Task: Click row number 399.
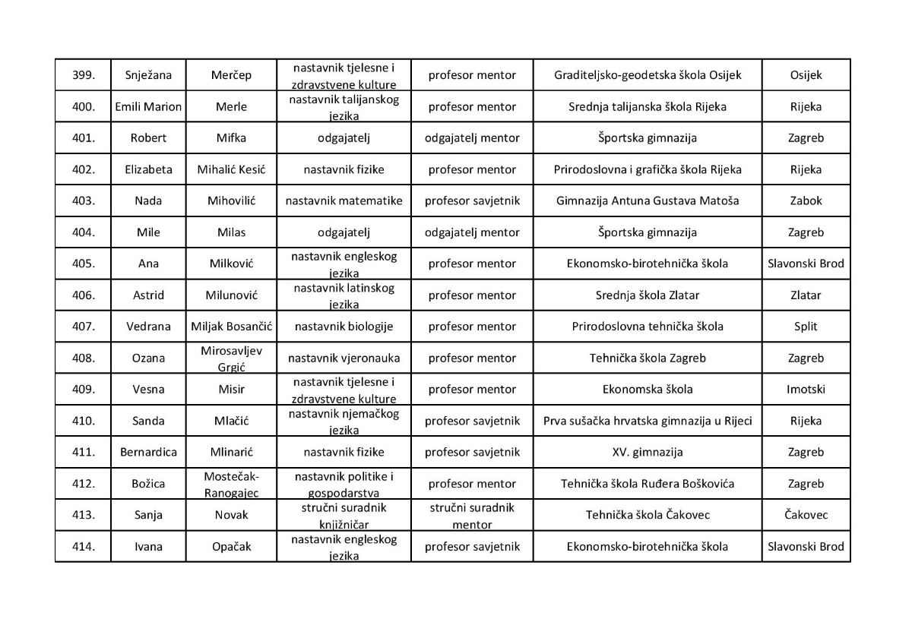pos(83,75)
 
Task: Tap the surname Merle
pos(231,106)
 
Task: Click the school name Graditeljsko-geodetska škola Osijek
pos(647,75)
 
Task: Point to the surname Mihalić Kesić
pos(231,169)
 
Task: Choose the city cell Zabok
pos(806,201)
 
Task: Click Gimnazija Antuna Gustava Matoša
pos(647,201)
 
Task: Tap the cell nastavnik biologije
pos(344,327)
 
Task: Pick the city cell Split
pos(806,327)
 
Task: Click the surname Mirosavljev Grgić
pos(231,358)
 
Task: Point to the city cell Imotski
pos(806,390)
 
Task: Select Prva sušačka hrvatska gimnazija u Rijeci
pos(647,421)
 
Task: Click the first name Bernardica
pos(148,452)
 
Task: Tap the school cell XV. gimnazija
pos(647,452)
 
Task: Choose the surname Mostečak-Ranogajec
pos(231,484)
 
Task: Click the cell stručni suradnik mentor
pos(471,515)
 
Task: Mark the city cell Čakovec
pos(806,515)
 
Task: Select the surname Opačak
pos(231,546)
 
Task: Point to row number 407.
pos(83,327)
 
